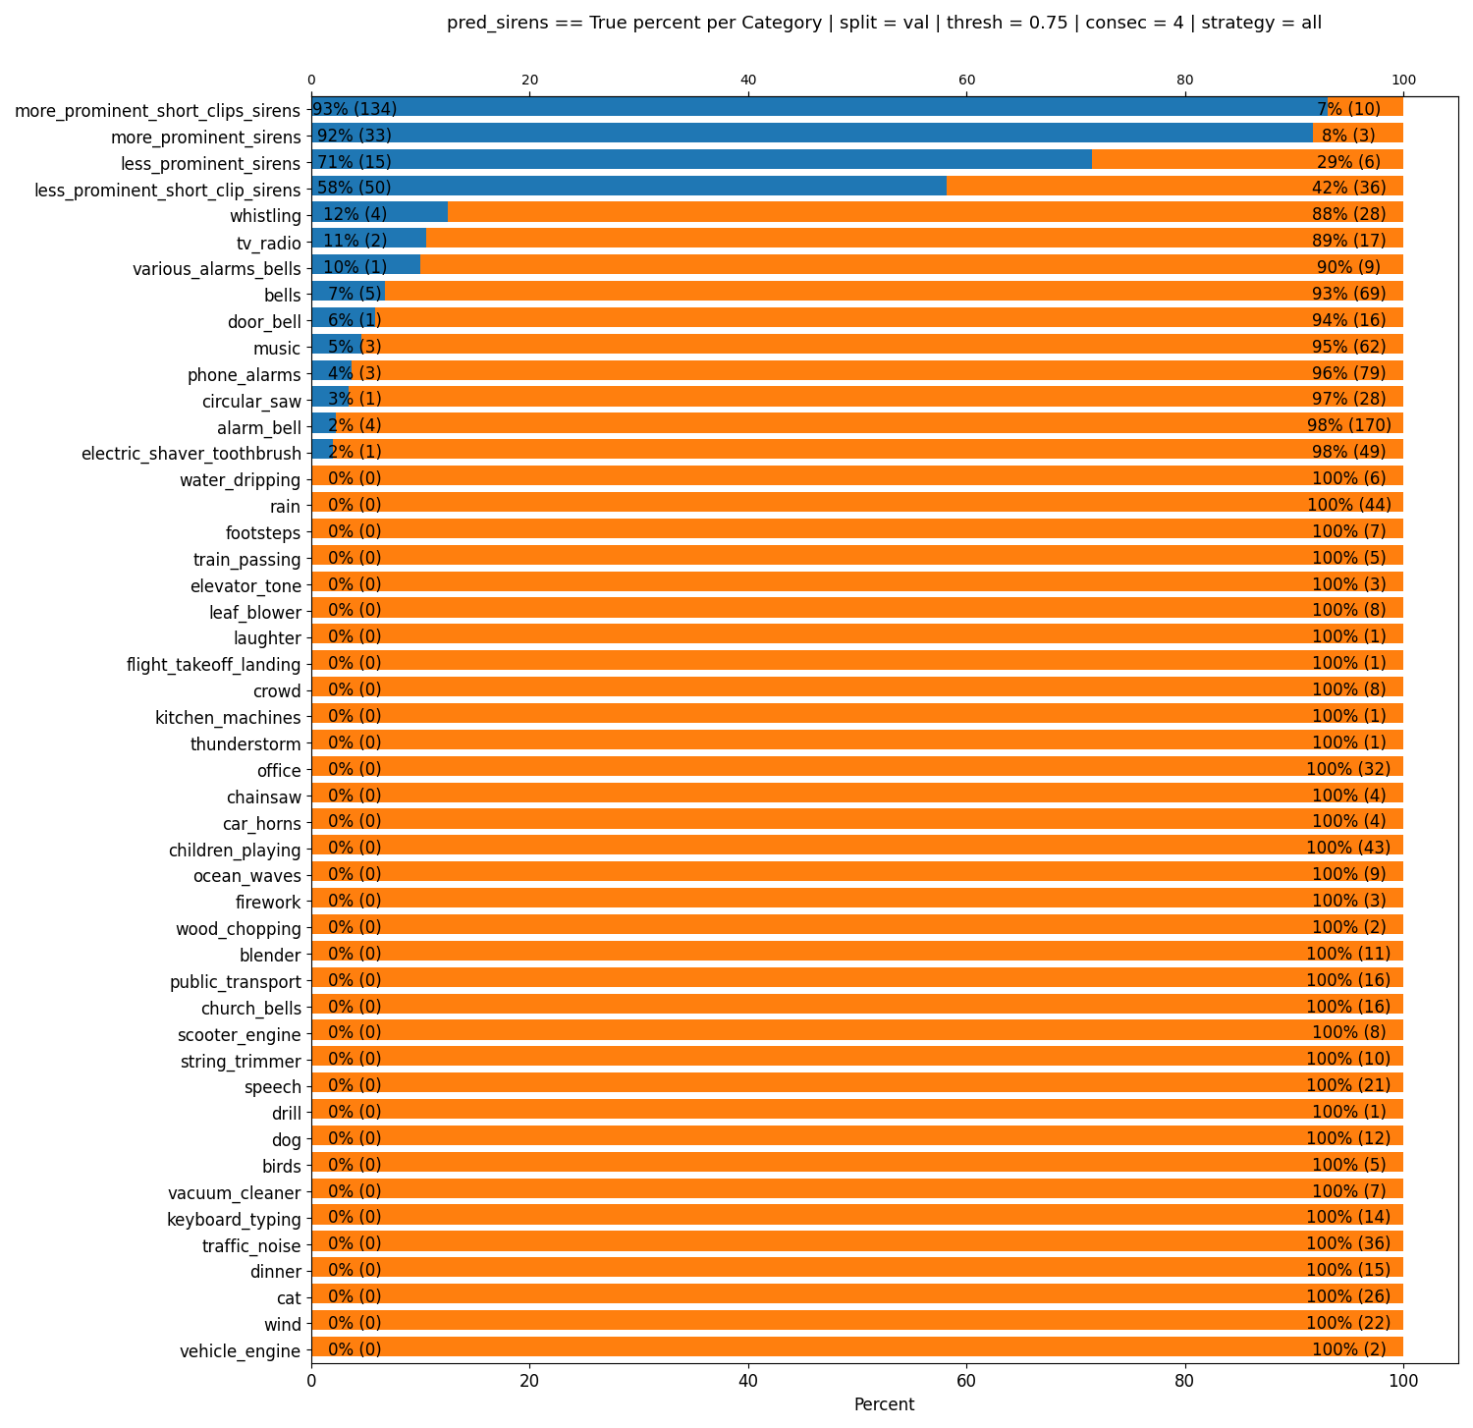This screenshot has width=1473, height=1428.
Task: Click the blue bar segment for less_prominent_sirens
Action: (701, 160)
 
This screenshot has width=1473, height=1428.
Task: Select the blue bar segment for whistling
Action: (379, 213)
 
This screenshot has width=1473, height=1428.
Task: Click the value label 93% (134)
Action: (355, 108)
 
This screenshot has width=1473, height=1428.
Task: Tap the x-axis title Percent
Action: (884, 1404)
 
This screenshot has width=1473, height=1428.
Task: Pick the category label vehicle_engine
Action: (241, 1351)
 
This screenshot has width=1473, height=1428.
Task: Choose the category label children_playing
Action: (236, 849)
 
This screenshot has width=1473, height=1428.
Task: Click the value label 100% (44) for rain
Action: (1349, 505)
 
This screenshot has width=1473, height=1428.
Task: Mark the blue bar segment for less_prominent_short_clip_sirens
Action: (628, 187)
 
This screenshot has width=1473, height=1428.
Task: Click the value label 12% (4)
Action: (355, 214)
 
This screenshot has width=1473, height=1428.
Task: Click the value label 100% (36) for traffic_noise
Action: (1349, 1243)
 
